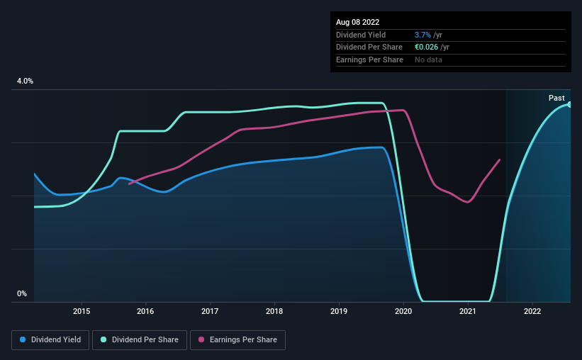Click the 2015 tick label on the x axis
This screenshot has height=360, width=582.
[82, 310]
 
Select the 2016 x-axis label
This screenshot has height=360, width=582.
[145, 310]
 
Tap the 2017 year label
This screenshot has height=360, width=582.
[210, 310]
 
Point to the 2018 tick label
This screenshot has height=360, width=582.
[274, 310]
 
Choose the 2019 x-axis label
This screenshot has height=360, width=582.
[339, 310]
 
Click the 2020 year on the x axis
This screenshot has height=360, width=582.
[403, 310]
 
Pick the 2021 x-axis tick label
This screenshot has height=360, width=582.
[468, 310]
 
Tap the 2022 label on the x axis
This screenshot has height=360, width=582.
[532, 310]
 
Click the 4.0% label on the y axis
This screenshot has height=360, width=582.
[26, 81]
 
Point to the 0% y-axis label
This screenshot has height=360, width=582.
[22, 294]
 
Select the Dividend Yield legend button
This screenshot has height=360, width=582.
[50, 340]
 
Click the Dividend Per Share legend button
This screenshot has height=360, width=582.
[141, 340]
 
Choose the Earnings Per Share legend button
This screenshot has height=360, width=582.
[237, 340]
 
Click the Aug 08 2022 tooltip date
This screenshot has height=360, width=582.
[358, 22]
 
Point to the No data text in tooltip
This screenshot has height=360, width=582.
[429, 60]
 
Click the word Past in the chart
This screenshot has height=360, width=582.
[556, 98]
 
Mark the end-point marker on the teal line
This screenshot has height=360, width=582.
[570, 104]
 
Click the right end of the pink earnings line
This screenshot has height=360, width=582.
[500, 159]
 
